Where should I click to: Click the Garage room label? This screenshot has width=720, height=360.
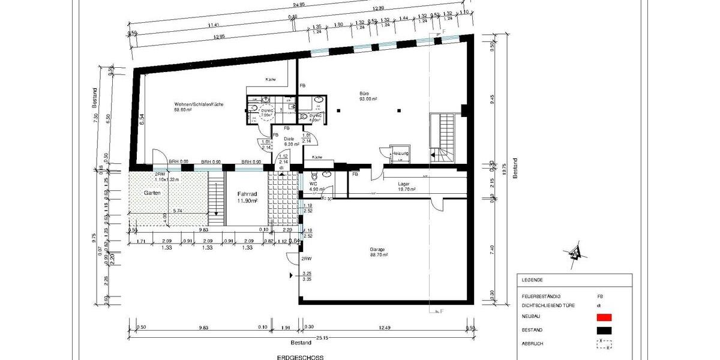[x=378, y=249]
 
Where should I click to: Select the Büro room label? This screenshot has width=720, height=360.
[x=364, y=94]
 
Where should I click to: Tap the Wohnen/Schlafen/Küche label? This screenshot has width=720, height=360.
[x=199, y=104]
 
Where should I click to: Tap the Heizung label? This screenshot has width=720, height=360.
[x=401, y=154]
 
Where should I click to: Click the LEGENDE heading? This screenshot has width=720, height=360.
[x=532, y=280]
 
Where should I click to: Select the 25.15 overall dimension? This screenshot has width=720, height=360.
[x=322, y=338]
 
